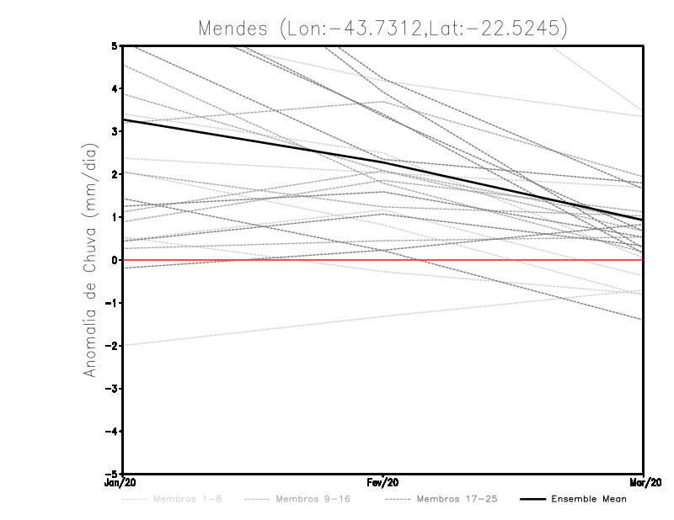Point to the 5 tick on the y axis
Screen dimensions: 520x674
coord(115,46)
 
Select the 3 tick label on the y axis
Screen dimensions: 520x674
coord(115,132)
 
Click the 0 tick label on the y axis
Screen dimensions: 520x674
coord(115,260)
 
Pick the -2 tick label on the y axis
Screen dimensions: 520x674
coord(114,346)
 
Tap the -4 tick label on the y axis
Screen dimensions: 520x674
coord(114,431)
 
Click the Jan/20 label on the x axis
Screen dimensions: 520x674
coord(123,483)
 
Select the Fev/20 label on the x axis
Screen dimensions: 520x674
coord(383,483)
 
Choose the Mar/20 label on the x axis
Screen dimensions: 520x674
coord(644,483)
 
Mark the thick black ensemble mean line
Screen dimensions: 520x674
coord(253,141)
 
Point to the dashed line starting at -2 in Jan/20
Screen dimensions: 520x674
coord(253,331)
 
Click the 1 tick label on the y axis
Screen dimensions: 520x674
coord(115,217)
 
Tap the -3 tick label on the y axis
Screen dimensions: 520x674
coord(114,388)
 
